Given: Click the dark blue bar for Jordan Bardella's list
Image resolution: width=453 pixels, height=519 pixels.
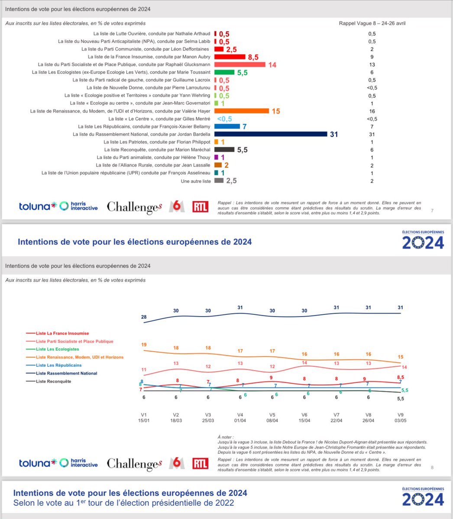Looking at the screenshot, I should tap(271, 134).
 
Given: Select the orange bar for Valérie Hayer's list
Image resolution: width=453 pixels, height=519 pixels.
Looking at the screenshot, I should tap(242, 111).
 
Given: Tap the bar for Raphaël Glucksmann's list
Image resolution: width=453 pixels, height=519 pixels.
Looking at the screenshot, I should tap(239, 64).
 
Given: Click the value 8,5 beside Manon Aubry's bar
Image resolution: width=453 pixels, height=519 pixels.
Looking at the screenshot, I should tap(253, 57).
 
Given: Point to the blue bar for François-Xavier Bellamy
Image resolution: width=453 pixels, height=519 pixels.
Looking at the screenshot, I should tap(227, 126).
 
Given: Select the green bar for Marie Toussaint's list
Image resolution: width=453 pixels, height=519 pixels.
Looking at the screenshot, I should tap(224, 72).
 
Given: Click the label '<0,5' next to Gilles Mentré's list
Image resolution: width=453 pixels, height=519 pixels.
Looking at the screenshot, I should tap(224, 119).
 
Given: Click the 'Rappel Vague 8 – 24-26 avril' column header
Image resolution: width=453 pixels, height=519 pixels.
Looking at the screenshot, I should tap(372, 23).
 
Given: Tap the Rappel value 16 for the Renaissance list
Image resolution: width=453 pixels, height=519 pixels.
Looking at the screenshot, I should tap(372, 111).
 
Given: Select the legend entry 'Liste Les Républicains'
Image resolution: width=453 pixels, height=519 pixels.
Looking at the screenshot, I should tap(58, 365).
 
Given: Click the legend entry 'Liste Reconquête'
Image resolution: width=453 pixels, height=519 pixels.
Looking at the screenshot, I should tap(53, 381).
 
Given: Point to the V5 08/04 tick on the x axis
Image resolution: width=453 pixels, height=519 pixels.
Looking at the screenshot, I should tap(272, 417).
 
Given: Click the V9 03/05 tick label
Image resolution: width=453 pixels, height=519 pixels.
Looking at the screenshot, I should tap(400, 417).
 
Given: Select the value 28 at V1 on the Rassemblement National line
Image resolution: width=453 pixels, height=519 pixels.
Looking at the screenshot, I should tap(144, 317).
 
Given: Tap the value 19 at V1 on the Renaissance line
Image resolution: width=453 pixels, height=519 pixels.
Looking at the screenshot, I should tap(144, 345).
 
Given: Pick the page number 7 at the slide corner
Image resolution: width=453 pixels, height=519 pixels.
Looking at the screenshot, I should tap(432, 211).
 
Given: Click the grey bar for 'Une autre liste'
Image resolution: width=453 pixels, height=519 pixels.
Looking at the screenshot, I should tap(219, 181).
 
